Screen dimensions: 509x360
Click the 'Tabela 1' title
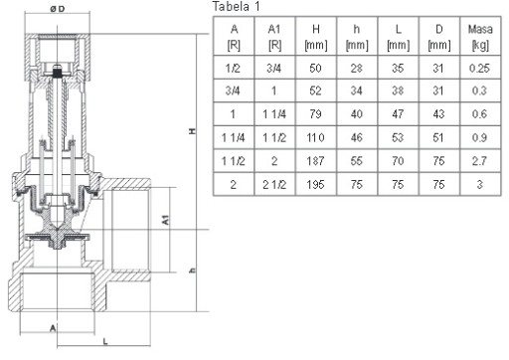coord(236,6)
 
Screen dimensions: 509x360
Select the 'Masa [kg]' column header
coord(480,37)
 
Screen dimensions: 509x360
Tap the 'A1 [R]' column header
coord(274,37)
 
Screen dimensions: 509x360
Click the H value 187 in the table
coord(315,161)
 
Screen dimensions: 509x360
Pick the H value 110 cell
coord(315,137)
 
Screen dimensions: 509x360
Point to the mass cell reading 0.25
coord(479,68)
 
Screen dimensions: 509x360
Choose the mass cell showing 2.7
coord(479,161)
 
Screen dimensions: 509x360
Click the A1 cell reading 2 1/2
coord(274,185)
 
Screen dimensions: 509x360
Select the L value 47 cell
coord(398,114)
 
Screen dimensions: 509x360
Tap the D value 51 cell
coord(438,137)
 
